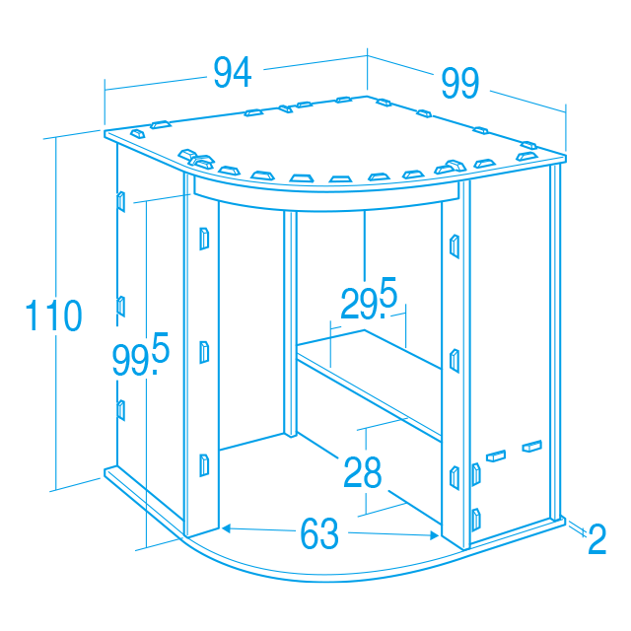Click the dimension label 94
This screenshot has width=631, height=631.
pyautogui.click(x=233, y=72)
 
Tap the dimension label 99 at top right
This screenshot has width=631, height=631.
pyautogui.click(x=460, y=83)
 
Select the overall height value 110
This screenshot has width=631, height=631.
pyautogui.click(x=54, y=315)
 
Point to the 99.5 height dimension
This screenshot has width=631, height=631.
pyautogui.click(x=141, y=354)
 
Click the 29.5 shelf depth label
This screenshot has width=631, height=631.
pyautogui.click(x=369, y=299)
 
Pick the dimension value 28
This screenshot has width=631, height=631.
pyautogui.click(x=362, y=472)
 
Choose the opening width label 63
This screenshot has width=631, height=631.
pyautogui.click(x=319, y=534)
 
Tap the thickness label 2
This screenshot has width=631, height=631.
pyautogui.click(x=597, y=539)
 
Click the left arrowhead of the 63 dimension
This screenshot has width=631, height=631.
pyautogui.click(x=226, y=528)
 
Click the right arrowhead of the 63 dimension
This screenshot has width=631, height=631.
pyautogui.click(x=435, y=535)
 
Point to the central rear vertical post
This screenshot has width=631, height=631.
pyautogui.click(x=290, y=323)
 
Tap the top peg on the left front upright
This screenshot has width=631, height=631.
pyautogui.click(x=204, y=239)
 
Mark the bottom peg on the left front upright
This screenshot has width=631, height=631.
pyautogui.click(x=204, y=465)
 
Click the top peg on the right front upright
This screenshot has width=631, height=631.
pyautogui.click(x=455, y=245)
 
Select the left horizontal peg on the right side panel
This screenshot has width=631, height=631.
pyautogui.click(x=496, y=456)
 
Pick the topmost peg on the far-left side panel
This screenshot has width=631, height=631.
pyautogui.click(x=120, y=201)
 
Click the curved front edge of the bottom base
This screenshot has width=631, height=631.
pyautogui.click(x=322, y=574)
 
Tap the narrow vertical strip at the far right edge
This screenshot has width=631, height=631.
pyautogui.click(x=555, y=342)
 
